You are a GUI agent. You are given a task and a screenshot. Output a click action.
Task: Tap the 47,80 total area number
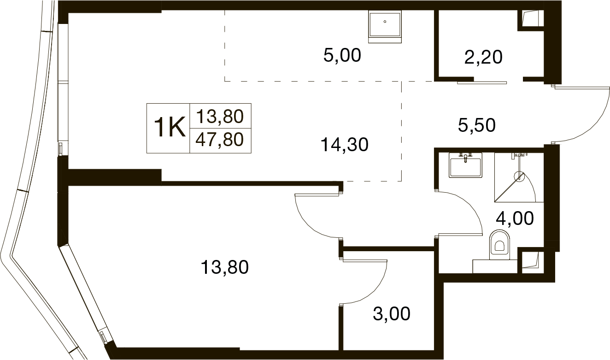tap(219, 140)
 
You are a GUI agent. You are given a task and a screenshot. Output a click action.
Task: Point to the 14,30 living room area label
tap(345, 144)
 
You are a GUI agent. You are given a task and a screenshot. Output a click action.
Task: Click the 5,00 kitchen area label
tap(342, 55)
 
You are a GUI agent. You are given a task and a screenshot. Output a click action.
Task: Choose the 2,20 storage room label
tap(483, 57)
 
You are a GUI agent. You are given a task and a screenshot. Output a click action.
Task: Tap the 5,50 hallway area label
tap(476, 125)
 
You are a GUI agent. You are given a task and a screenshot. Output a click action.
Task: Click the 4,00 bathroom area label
tap(515, 218)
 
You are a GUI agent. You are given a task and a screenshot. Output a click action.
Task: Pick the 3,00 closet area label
tap(391, 313)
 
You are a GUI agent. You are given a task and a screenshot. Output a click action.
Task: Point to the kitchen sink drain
tap(385, 22)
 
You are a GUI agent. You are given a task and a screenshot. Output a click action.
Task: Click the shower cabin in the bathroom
tap(519, 177)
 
